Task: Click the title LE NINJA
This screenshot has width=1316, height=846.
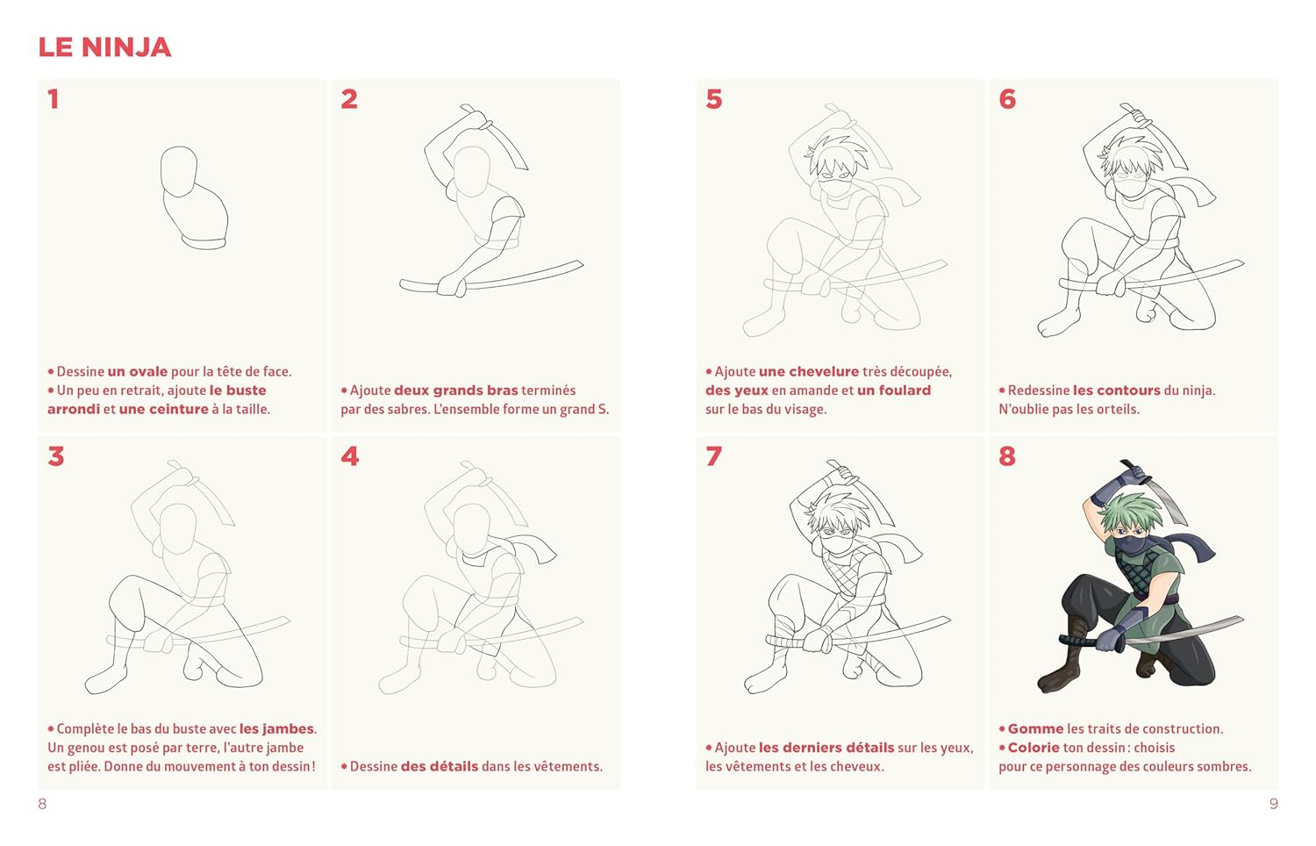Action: pyautogui.click(x=104, y=47)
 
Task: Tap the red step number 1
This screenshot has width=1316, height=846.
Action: pyautogui.click(x=54, y=98)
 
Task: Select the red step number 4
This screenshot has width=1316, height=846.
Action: pyautogui.click(x=349, y=456)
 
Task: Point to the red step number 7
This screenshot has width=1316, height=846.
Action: pyautogui.click(x=714, y=456)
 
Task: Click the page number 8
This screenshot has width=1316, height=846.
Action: pyautogui.click(x=42, y=804)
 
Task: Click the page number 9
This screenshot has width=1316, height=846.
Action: pyautogui.click(x=1273, y=804)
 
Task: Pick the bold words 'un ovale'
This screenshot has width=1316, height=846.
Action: pyautogui.click(x=138, y=372)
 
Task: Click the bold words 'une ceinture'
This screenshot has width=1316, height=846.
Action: pyautogui.click(x=164, y=410)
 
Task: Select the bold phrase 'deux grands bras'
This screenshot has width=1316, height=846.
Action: pyautogui.click(x=456, y=391)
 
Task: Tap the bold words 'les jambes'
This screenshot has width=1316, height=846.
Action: pyautogui.click(x=276, y=729)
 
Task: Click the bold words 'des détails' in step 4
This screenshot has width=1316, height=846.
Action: pyautogui.click(x=440, y=767)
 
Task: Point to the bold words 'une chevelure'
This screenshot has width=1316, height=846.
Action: pyautogui.click(x=809, y=372)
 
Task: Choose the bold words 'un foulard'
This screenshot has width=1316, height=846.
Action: pyautogui.click(x=894, y=391)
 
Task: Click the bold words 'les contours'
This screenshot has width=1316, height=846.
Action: pyautogui.click(x=1117, y=391)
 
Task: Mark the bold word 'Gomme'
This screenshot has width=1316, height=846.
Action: pyautogui.click(x=1036, y=729)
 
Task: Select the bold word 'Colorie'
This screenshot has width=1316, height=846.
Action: pyautogui.click(x=1033, y=748)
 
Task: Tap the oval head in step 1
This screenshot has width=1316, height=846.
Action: pyautogui.click(x=179, y=171)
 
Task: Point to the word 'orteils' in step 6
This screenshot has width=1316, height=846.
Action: pyautogui.click(x=1119, y=410)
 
